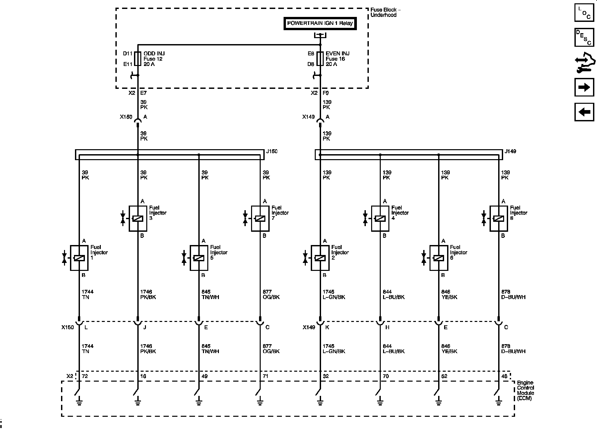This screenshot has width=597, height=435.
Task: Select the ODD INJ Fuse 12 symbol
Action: pyautogui.click(x=138, y=59)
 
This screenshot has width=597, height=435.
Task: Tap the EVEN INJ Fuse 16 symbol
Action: pyautogui.click(x=320, y=59)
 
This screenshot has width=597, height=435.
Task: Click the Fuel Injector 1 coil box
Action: pyautogui.click(x=79, y=258)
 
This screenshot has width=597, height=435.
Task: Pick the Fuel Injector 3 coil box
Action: pyautogui.click(x=138, y=218)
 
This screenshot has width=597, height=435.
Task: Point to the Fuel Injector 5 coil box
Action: pyautogui.click(x=199, y=258)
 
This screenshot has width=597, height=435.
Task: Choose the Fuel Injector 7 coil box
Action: pyautogui.click(x=260, y=218)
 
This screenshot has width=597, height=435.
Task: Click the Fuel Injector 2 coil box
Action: pyautogui.click(x=320, y=258)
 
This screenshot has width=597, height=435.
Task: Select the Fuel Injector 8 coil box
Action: pyautogui.click(x=498, y=218)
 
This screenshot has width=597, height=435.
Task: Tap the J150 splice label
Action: pyautogui.click(x=272, y=152)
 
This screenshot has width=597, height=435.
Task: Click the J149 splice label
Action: pyautogui.click(x=510, y=152)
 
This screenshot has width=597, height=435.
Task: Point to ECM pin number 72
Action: pyautogui.click(x=85, y=376)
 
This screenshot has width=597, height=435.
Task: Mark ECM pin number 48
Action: pyautogui.click(x=504, y=376)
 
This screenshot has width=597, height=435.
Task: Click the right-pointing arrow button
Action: pyautogui.click(x=584, y=87)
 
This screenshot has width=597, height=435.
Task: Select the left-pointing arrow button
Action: pyautogui.click(x=584, y=112)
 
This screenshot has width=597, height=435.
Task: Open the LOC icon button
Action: pyautogui.click(x=584, y=13)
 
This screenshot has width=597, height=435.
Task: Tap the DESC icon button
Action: pyautogui.click(x=584, y=37)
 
